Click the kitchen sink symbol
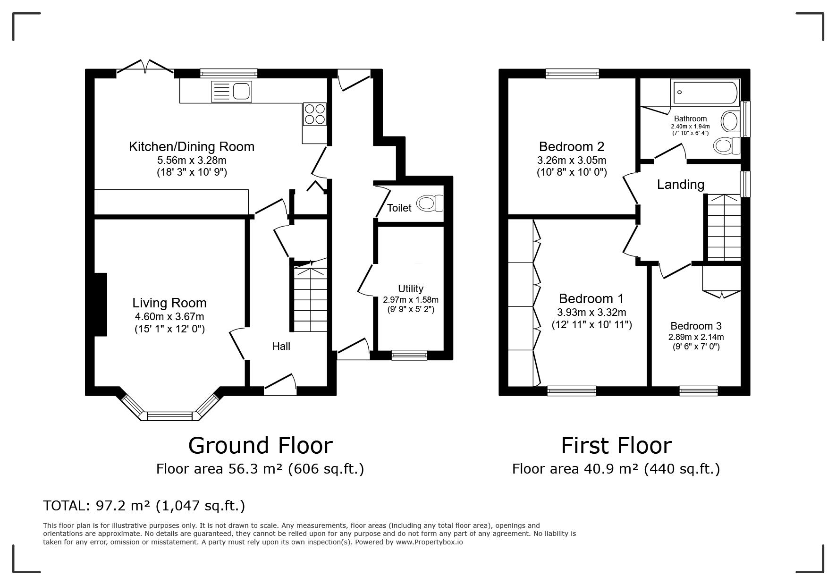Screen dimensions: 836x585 [232, 91]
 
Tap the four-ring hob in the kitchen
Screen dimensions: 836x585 [314, 114]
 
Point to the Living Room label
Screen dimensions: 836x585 [169, 303]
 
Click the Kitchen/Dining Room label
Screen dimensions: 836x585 [192, 146]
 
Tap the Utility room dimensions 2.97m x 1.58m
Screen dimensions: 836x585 [411, 300]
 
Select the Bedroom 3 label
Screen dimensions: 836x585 [696, 326]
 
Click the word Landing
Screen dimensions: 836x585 [681, 185]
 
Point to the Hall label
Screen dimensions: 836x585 [281, 346]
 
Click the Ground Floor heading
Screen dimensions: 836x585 [260, 445]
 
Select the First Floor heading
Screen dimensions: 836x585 [616, 445]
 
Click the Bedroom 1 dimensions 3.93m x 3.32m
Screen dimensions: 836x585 [591, 313]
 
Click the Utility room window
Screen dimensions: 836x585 [409, 355]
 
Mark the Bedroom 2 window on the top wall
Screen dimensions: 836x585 [572, 73]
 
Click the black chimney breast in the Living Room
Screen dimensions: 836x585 [101, 305]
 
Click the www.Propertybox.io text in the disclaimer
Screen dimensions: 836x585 [429, 542]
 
